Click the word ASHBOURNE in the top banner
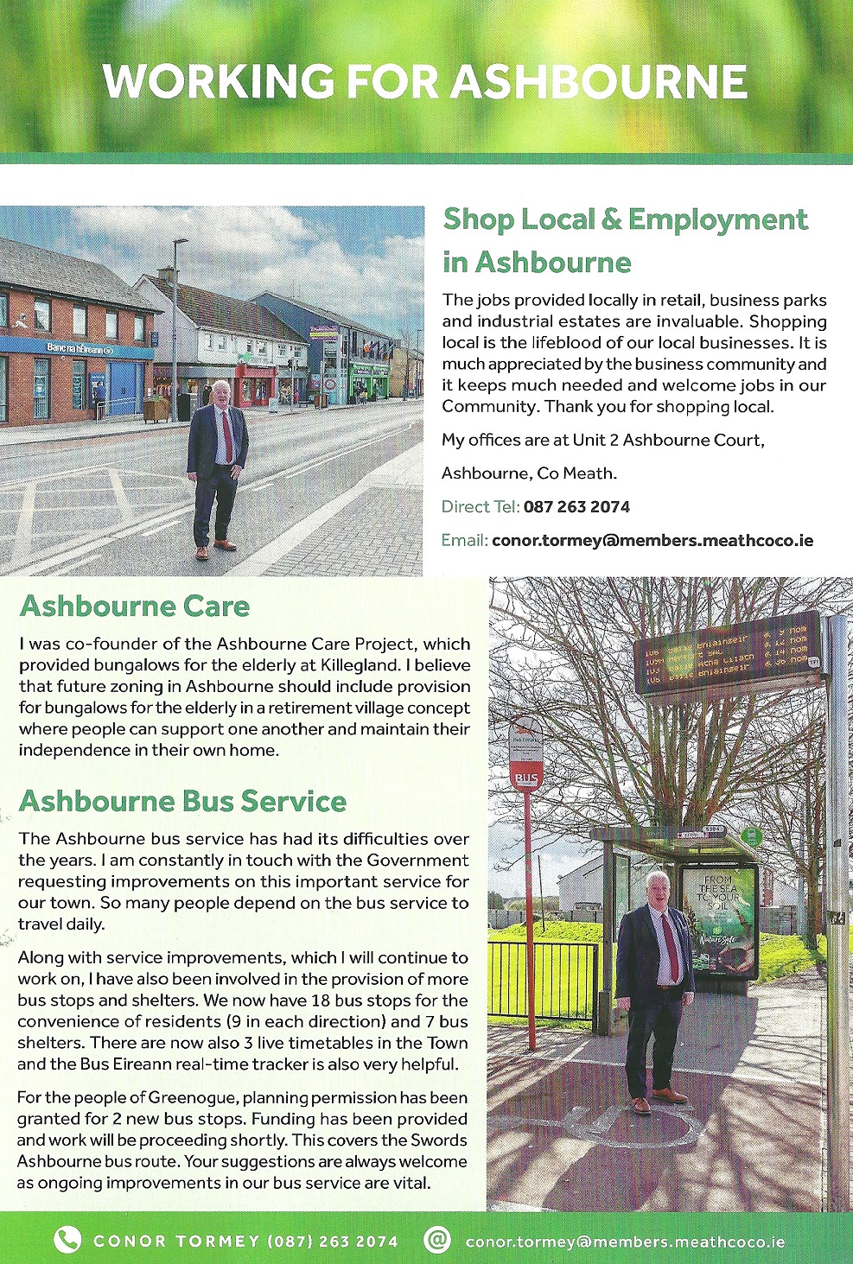[x=598, y=82]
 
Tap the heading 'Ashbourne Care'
[x=135, y=606]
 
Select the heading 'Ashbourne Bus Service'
[x=182, y=801]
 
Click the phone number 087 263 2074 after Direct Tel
[x=576, y=507]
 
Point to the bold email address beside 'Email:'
[x=652, y=541]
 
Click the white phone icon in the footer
[x=67, y=1241]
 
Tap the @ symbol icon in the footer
[x=437, y=1241]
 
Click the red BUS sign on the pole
[x=525, y=778]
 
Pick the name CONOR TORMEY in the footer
[x=176, y=1242]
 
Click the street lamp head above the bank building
[x=181, y=242]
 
